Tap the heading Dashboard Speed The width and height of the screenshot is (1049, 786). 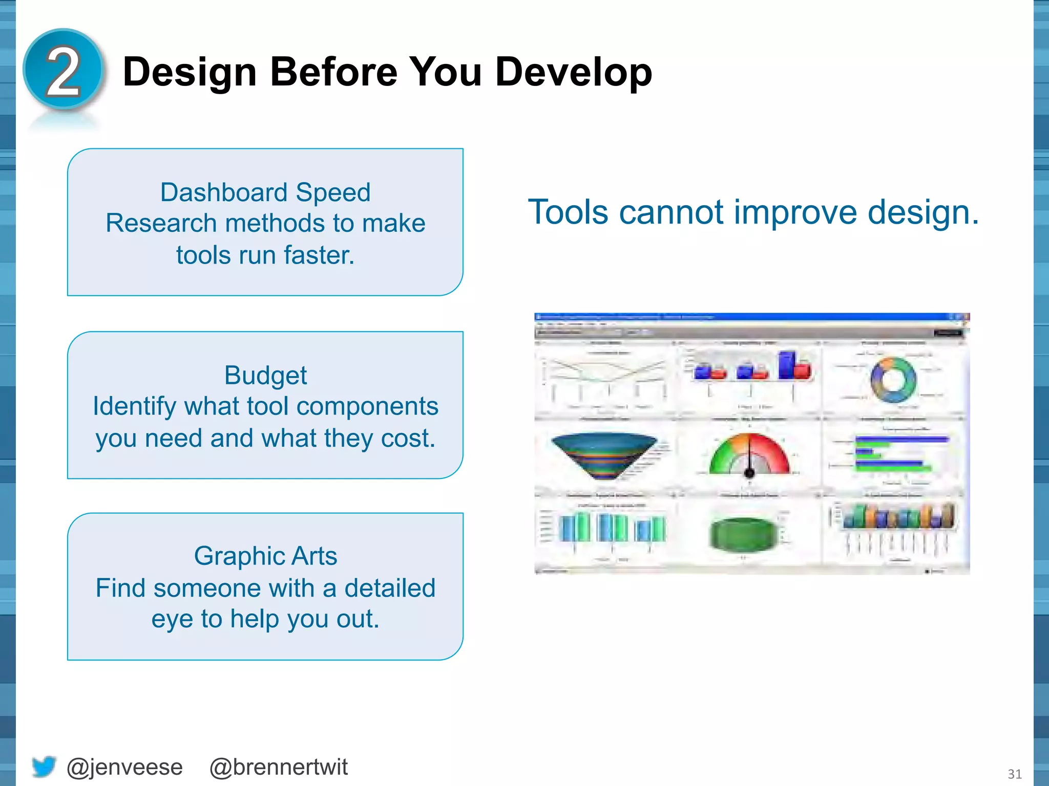point(265,192)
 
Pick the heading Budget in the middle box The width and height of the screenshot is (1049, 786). point(265,375)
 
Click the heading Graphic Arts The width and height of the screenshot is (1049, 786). point(265,556)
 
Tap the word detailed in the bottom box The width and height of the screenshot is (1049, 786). point(389,587)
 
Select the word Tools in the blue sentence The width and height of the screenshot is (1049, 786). point(569,212)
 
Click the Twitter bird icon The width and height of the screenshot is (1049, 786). point(44,767)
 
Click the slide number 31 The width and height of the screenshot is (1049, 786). point(1015,774)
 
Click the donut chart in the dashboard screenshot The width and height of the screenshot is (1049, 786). point(893,380)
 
